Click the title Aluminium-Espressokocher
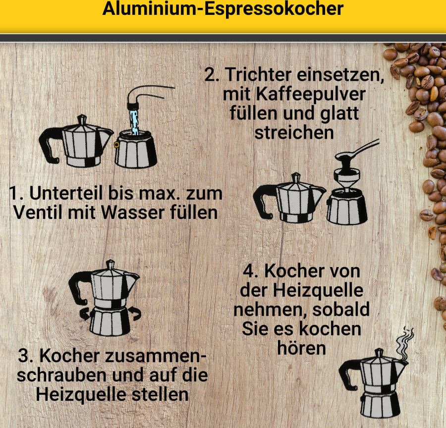(x=223, y=9)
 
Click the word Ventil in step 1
(x=37, y=213)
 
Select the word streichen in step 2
(x=293, y=132)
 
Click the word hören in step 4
(x=301, y=347)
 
